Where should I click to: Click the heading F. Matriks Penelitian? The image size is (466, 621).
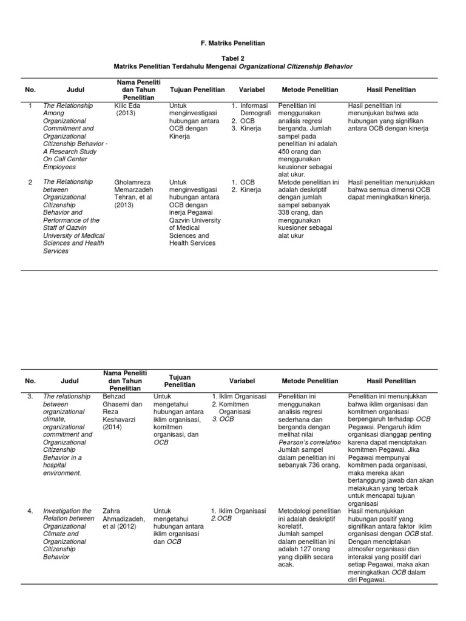(x=232, y=44)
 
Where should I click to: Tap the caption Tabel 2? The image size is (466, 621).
(x=232, y=57)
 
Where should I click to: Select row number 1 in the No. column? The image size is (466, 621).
(x=30, y=106)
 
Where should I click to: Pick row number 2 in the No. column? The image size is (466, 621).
(x=30, y=181)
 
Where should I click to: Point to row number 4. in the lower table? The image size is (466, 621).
(x=30, y=511)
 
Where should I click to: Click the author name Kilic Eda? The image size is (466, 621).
(x=126, y=106)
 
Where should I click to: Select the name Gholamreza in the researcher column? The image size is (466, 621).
(x=132, y=181)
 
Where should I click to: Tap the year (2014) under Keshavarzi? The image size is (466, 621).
(x=113, y=427)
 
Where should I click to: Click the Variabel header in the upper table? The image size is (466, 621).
(x=252, y=90)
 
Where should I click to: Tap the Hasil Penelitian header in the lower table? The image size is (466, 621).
(x=391, y=381)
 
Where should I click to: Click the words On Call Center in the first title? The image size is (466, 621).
(x=65, y=159)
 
